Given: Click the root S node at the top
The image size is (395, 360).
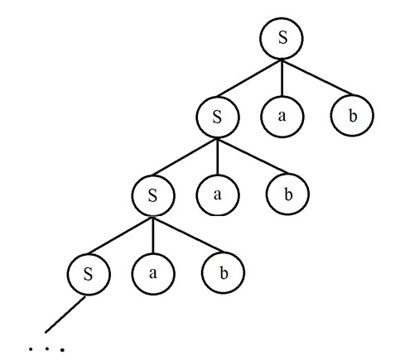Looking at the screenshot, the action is coord(282,38).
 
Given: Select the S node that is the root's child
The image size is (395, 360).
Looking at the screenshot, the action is coord(217,117).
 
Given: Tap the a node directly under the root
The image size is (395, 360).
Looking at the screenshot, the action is coord(282,116).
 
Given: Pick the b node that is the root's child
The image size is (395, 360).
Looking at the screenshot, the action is coord(352,115).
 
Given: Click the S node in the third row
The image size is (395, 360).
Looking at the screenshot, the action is coord(153,195).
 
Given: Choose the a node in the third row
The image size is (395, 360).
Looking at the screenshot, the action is coord(218,194).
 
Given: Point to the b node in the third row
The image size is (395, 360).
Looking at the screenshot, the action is coord(287,194).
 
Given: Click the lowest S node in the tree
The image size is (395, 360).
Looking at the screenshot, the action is coord(89,274).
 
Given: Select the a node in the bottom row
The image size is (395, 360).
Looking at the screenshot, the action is coord(153,274).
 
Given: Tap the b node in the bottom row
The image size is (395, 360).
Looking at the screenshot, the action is coord(223,273).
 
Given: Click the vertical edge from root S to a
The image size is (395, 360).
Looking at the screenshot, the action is coord(282,78).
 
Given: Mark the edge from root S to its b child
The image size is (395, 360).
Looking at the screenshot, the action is coord(316,77).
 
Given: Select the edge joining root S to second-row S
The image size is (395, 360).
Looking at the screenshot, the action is coord(248,79).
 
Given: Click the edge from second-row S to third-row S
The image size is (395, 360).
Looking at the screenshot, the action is coord(185,157).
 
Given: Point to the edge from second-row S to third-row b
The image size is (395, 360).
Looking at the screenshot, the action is coord(253,156).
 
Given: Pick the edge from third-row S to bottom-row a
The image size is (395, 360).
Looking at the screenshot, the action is coord(153,235).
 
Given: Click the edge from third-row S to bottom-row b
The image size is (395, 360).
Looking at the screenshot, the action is coord(188,235).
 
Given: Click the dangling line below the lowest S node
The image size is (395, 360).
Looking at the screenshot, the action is coord(65,314).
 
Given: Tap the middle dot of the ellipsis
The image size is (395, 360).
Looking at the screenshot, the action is coord(47,348).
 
